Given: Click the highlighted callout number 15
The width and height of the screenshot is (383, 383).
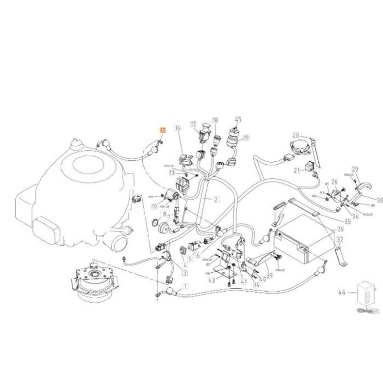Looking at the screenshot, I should [x=162, y=129].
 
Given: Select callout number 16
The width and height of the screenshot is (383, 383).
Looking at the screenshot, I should [x=177, y=129].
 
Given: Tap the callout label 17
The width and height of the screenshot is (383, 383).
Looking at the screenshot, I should [x=193, y=124].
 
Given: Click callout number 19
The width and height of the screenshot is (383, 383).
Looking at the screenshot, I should [x=246, y=138].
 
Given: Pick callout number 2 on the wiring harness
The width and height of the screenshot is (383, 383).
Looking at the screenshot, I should [x=216, y=199].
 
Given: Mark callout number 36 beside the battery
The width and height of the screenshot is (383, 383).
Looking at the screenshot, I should [x=340, y=229].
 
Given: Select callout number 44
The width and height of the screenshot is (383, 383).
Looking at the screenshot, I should [x=341, y=291].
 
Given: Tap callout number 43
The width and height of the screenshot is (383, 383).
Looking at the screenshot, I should [x=212, y=280].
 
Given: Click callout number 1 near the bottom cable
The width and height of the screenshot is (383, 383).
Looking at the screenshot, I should [x=185, y=285].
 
